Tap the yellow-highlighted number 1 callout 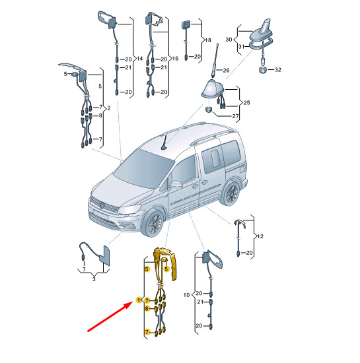[x=139, y=300]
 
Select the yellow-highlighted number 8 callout [x=147, y=309]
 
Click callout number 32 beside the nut [x=277, y=70]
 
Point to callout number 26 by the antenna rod [x=226, y=70]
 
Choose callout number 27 [x=235, y=116]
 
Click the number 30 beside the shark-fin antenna [x=229, y=40]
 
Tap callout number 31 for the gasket [x=241, y=47]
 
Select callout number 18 [x=208, y=40]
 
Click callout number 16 [x=175, y=58]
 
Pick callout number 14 [x=139, y=58]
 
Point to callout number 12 [x=260, y=236]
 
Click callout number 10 [x=186, y=295]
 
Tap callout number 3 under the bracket [x=94, y=279]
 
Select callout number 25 [x=247, y=102]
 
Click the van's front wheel [x=154, y=223]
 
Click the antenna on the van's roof [x=166, y=142]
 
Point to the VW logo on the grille [x=102, y=205]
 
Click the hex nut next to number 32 [x=263, y=69]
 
